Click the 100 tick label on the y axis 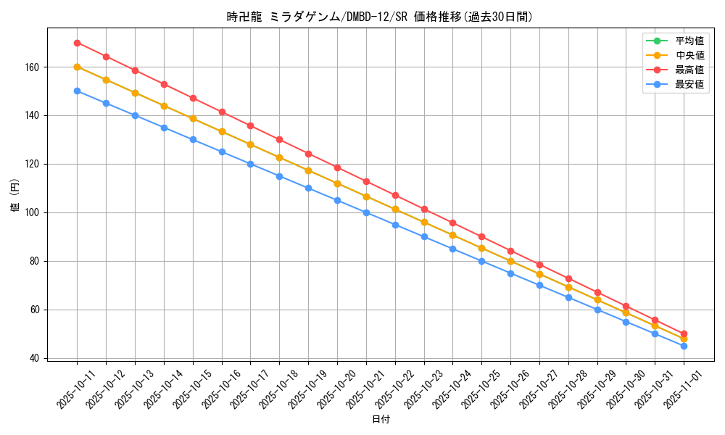click(x=33, y=212)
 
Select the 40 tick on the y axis click(x=36, y=358)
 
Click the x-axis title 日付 click(x=381, y=420)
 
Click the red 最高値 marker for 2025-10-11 click(x=77, y=43)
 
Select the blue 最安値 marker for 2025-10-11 click(x=77, y=91)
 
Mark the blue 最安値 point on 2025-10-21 click(x=366, y=212)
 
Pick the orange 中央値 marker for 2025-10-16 click(x=222, y=131)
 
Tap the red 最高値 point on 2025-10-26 click(x=510, y=251)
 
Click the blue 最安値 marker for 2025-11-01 click(x=684, y=346)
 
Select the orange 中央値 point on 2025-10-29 click(x=597, y=299)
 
